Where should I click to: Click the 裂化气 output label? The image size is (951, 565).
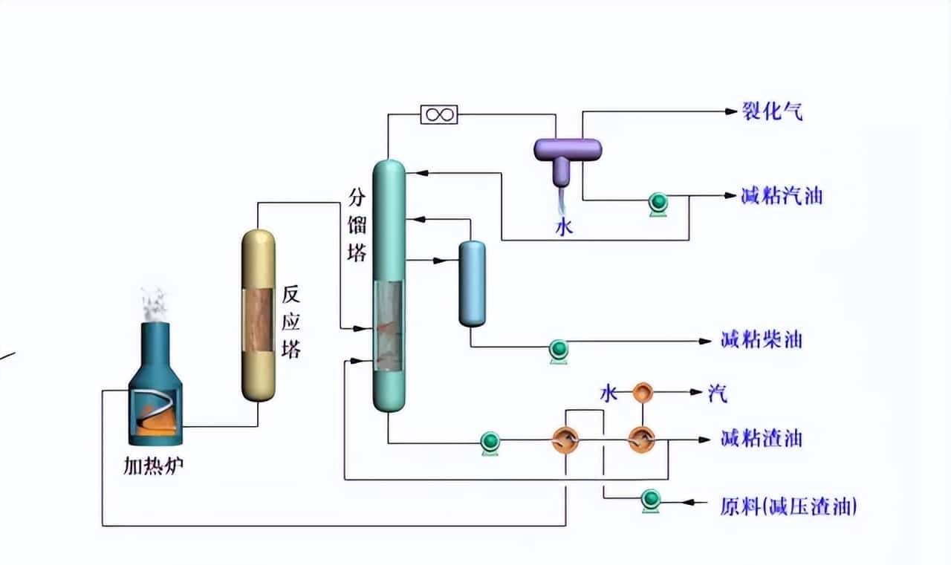[x=773, y=112]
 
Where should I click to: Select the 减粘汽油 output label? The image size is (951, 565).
[x=782, y=197]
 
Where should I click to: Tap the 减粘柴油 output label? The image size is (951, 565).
[x=762, y=341]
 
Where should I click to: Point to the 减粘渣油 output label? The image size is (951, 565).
[x=762, y=439]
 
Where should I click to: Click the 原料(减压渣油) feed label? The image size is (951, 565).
[x=788, y=507]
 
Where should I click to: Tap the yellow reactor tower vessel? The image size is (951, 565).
[x=259, y=316]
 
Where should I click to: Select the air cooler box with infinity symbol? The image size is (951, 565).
[x=439, y=114]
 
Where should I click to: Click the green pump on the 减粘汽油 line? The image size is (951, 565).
[x=658, y=203]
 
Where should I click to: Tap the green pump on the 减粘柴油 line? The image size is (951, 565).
[x=558, y=349]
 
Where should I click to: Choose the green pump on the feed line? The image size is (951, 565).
[x=652, y=500]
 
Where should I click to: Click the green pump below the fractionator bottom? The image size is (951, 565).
[x=490, y=442]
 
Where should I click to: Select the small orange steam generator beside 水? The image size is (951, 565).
[x=642, y=392]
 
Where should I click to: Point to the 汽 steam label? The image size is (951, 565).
[x=717, y=393]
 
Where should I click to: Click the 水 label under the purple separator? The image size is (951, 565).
[x=565, y=227]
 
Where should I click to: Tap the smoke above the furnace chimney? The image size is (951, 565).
[x=155, y=304]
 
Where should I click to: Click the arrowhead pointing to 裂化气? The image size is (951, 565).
[x=729, y=112]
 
